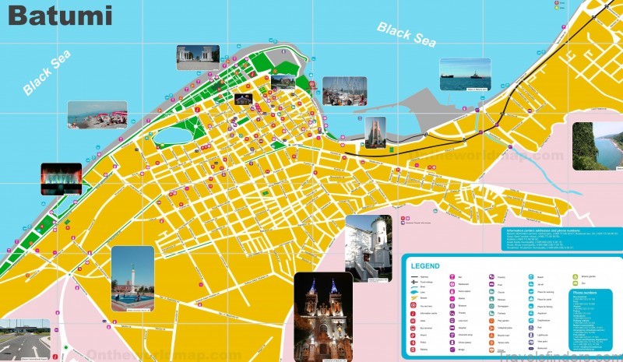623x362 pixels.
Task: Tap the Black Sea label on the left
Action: [48, 72]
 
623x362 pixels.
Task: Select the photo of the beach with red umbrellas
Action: [97, 114]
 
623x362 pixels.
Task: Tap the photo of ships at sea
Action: [465, 75]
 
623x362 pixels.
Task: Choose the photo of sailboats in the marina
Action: [344, 90]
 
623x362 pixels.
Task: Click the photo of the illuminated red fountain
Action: [61, 178]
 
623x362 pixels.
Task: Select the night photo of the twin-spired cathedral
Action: [323, 316]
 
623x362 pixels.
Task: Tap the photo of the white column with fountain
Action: [132, 278]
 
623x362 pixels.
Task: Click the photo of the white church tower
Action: [368, 248]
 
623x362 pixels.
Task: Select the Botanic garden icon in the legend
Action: [579, 276]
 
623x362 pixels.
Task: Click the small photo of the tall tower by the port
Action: [375, 132]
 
